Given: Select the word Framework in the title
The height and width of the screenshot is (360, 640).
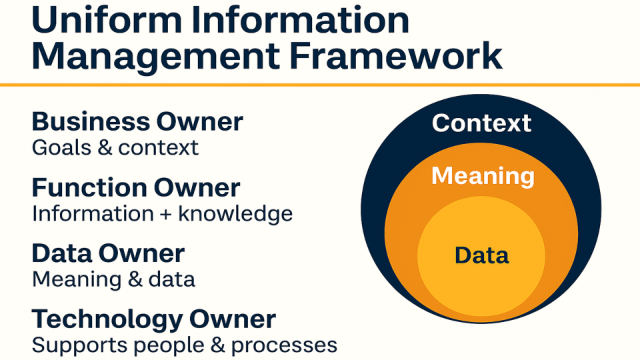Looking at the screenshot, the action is click(395, 55).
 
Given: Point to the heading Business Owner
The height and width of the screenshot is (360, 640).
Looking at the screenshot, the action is click(137, 121).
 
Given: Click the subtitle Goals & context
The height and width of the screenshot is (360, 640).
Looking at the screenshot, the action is click(115, 147).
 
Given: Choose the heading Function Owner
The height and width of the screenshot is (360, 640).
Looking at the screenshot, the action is click(136, 188).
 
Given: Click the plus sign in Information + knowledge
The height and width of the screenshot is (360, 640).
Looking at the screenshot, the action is click(166, 215).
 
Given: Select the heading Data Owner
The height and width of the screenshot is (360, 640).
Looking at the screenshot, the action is click(108, 253).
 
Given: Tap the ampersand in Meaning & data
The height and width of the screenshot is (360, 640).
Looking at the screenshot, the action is click(135, 279).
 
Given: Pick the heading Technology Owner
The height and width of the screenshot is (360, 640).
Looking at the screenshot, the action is click(154, 319).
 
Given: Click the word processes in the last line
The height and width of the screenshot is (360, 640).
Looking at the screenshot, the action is click(284, 346).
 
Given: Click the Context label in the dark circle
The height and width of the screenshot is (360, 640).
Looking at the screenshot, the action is click(481, 123).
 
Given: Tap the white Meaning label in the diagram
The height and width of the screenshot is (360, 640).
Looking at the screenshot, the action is click(483, 176).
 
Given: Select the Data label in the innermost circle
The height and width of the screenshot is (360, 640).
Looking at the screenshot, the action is click(481, 255).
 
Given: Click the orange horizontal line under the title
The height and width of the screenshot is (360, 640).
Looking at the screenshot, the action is click(320, 85).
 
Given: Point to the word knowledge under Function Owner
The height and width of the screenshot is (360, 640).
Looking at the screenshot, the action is click(235, 214).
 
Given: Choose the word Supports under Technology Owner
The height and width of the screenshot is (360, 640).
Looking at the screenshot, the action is click(79, 345).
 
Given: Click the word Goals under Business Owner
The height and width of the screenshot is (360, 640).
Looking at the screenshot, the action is click(61, 147).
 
